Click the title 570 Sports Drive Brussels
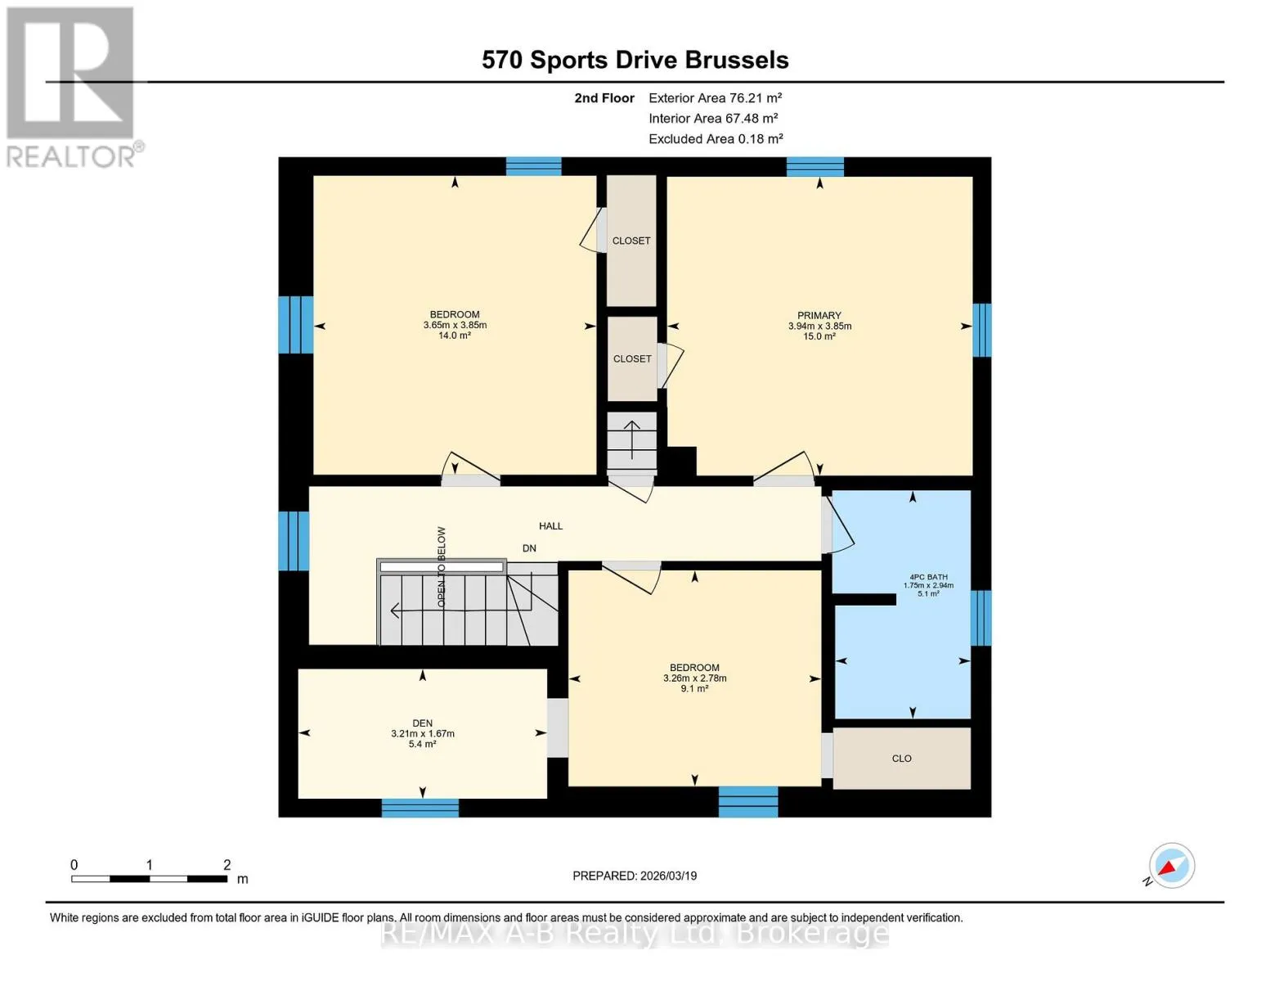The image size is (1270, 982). coord(635,60)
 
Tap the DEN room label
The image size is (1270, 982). coord(423,723)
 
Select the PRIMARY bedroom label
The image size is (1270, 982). coord(819,315)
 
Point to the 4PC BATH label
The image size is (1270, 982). coord(929,577)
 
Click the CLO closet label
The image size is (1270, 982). coord(902,759)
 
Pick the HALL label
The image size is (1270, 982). coord(550,526)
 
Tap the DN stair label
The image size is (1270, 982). coord(529,548)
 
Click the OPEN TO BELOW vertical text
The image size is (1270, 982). coord(442,567)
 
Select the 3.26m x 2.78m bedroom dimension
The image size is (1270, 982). coord(695,678)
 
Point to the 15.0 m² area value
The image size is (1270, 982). coord(819,336)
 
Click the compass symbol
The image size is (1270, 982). coord(1171,866)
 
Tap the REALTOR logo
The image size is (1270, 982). coord(71,88)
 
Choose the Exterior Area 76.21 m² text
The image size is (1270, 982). coord(716,97)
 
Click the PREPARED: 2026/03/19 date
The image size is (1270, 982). coord(635,876)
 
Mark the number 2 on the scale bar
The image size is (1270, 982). coord(227,864)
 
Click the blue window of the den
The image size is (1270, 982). coord(420,808)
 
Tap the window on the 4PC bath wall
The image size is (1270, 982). coord(981,618)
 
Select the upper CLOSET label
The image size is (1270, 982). coord(631,241)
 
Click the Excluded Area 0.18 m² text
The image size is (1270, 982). coord(716,138)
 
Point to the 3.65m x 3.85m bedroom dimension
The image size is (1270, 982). coord(455,325)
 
